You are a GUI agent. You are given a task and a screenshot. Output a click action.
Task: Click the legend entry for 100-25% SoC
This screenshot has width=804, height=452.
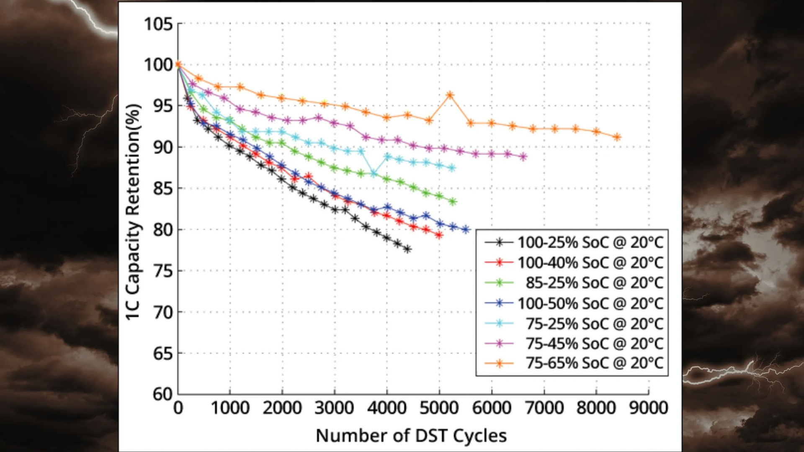[590, 242]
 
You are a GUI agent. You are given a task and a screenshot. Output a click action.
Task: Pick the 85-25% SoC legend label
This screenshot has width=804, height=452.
[594, 282]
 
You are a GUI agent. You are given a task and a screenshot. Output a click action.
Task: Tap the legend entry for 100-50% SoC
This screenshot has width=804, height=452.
[590, 303]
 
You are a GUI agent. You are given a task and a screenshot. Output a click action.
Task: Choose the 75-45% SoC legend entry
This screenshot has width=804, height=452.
[594, 343]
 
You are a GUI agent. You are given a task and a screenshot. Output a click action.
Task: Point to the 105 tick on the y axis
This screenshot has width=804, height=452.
[158, 24]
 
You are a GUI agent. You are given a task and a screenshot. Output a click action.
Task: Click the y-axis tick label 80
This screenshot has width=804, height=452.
[162, 230]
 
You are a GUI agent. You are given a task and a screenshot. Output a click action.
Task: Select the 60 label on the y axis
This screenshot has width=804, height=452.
[162, 394]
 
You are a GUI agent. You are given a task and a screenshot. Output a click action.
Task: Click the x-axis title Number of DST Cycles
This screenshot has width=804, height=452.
[411, 436]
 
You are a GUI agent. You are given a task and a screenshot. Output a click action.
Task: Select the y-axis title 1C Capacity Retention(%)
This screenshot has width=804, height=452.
[133, 212]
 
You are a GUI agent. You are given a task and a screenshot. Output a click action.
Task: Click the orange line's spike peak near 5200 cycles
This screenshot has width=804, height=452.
[450, 95]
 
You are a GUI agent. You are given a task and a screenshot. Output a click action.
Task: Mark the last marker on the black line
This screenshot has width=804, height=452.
[407, 249]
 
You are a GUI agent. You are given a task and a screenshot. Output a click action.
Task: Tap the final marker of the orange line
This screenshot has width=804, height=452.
[617, 137]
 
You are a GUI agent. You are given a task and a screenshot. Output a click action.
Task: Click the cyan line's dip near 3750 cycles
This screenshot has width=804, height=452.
[374, 173]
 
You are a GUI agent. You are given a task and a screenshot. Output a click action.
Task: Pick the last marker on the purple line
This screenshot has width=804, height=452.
[523, 157]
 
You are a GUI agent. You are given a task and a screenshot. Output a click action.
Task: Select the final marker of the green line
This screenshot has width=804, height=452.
[452, 202]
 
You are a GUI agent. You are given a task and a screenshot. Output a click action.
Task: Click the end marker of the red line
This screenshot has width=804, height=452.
[439, 235]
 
